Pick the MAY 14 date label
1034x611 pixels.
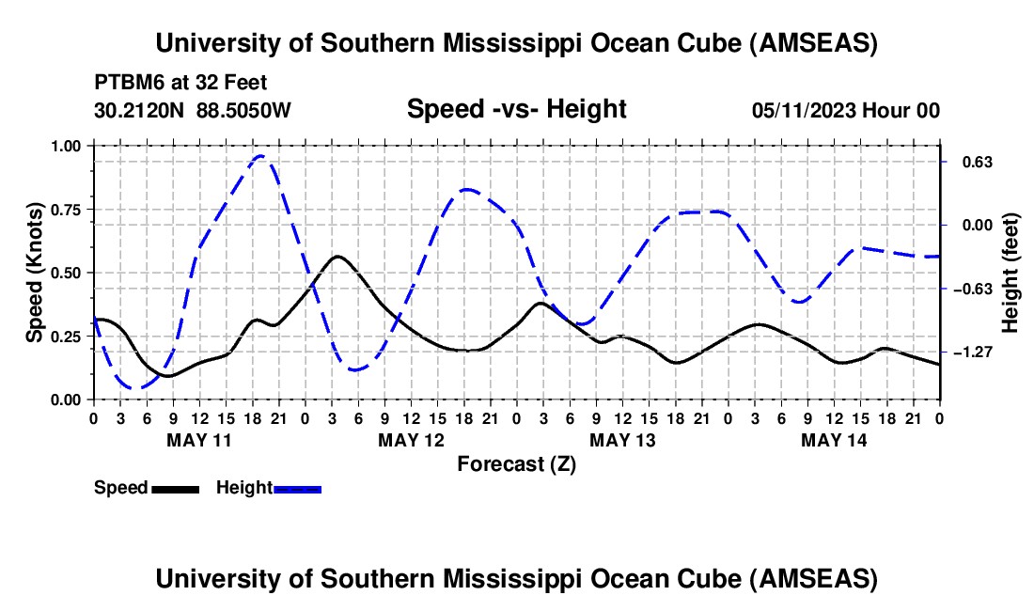click(x=833, y=439)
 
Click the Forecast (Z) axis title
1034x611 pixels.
click(x=516, y=463)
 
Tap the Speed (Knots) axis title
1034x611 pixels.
click(x=35, y=273)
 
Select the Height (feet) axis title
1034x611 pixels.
click(x=1010, y=273)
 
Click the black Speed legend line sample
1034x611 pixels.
click(x=174, y=489)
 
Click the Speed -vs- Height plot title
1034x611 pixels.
click(x=516, y=110)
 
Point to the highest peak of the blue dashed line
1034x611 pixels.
click(x=260, y=156)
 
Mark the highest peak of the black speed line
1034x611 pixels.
click(x=337, y=256)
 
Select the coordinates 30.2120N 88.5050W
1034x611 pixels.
click(x=193, y=110)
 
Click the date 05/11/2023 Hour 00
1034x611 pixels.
click(x=846, y=110)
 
